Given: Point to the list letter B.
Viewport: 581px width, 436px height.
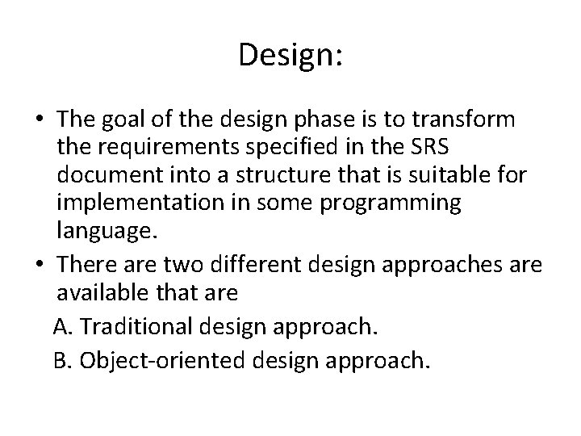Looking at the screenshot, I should click(59, 359).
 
